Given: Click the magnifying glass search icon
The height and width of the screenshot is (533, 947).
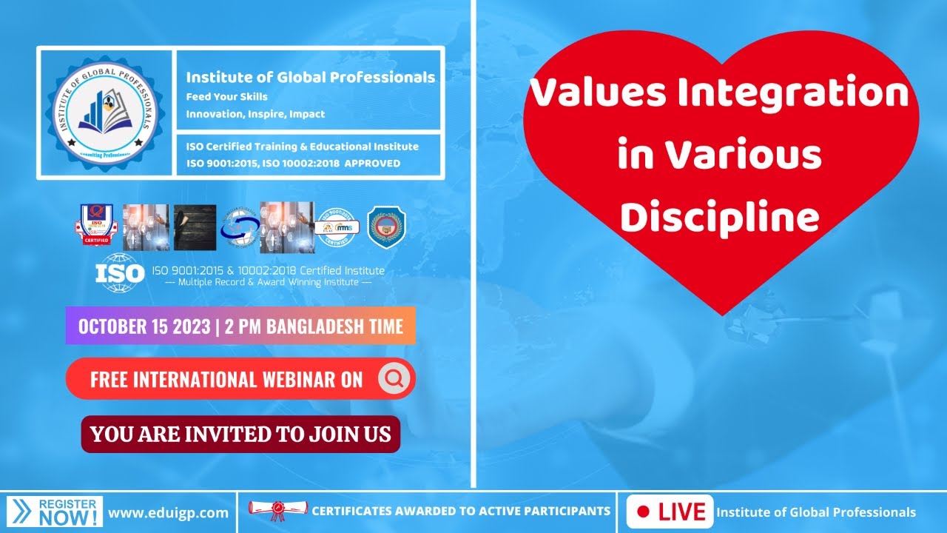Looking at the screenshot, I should tap(394, 379).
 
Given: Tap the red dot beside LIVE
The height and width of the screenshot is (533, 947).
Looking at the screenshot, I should tap(643, 512).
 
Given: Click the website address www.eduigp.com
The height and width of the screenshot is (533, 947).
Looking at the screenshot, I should tap(168, 512).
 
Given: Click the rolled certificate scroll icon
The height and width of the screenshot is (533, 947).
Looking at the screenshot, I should tap(277, 510).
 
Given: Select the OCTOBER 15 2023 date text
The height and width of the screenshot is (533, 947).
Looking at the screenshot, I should tap(144, 326).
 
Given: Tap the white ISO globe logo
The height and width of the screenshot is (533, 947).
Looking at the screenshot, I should tap(120, 272).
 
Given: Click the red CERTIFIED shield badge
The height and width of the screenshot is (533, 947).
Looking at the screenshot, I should tap(96, 225).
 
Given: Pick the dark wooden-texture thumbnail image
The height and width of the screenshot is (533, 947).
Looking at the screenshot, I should tap(195, 227).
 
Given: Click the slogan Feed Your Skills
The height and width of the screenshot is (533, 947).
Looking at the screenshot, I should tap(226, 97).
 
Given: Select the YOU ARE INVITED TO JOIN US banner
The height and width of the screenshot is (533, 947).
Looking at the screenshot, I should tap(240, 434).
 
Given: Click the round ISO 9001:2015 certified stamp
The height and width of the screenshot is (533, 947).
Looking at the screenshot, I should tap(335, 227).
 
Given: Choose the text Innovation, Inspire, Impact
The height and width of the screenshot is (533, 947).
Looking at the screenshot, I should tap(255, 114).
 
